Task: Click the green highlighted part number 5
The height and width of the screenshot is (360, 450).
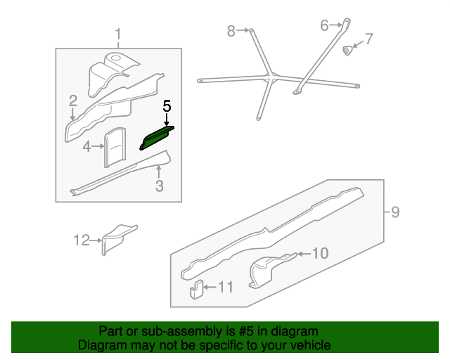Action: click(156, 138)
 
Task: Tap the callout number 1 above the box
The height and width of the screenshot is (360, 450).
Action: click(118, 34)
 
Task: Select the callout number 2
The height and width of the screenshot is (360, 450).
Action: click(73, 101)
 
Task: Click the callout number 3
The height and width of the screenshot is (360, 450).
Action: click(160, 186)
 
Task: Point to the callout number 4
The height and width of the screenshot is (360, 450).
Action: click(86, 146)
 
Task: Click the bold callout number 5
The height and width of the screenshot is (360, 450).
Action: click(167, 106)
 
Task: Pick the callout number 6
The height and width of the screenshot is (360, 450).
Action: click(324, 25)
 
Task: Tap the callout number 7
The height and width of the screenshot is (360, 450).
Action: click(369, 39)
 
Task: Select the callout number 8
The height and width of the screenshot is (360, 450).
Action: click(231, 31)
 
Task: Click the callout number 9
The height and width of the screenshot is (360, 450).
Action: click(395, 212)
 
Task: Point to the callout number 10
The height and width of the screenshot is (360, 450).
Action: click(320, 253)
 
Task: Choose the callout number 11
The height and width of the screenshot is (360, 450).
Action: click(226, 287)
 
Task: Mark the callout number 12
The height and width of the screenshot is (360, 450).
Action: click(82, 240)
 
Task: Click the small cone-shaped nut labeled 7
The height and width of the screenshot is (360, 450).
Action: click(347, 50)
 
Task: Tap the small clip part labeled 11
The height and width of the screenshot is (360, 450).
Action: click(196, 290)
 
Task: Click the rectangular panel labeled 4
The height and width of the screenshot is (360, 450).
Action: click(115, 147)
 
